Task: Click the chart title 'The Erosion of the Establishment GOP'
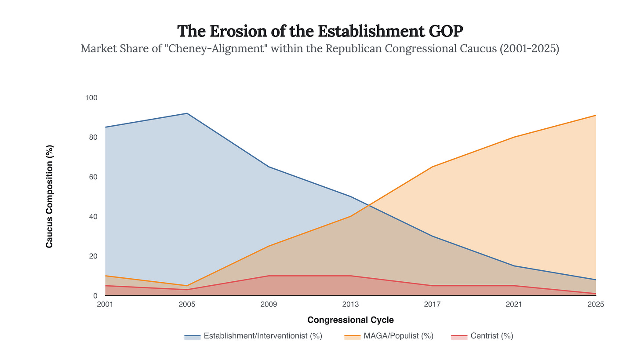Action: (x=320, y=31)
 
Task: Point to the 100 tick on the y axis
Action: (x=91, y=98)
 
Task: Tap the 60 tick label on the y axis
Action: (x=93, y=177)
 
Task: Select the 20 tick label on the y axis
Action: (x=93, y=256)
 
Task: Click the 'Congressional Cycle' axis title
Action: (x=350, y=320)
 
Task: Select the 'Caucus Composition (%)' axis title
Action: (x=49, y=196)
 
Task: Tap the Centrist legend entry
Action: (x=482, y=336)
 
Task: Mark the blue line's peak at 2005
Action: (x=187, y=113)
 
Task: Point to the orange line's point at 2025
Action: (x=595, y=115)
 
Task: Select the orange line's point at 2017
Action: (x=432, y=167)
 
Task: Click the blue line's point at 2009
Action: (x=269, y=167)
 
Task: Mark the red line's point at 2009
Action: (x=269, y=276)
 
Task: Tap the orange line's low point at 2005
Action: (x=187, y=286)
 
